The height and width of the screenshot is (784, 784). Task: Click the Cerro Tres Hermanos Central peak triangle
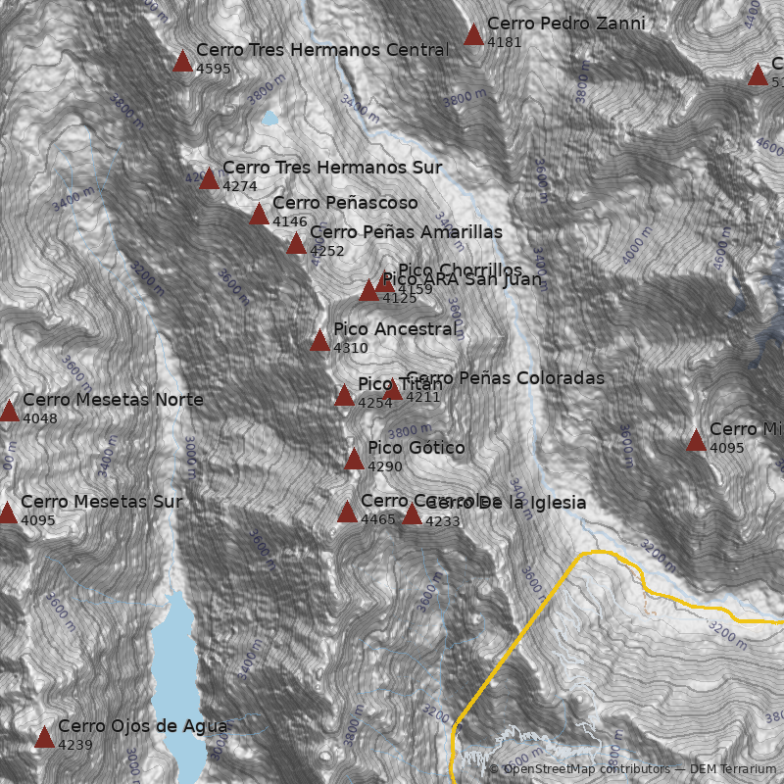(182, 62)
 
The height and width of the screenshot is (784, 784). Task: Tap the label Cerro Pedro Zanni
(565, 24)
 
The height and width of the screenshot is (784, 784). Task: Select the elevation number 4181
(505, 42)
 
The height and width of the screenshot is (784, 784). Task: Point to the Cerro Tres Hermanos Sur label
(331, 168)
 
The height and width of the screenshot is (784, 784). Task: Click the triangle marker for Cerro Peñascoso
(259, 215)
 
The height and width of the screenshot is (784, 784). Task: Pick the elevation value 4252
(327, 251)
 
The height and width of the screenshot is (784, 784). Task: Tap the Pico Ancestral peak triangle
(319, 341)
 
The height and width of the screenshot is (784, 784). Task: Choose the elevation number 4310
(351, 348)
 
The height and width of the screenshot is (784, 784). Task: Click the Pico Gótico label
(416, 448)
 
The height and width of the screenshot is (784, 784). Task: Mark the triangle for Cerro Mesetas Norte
(9, 412)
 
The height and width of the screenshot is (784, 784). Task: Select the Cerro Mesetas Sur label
(101, 502)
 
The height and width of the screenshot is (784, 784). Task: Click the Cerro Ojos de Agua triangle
(44, 738)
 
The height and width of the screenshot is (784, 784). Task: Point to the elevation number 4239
(75, 745)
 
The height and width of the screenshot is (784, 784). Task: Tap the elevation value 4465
(378, 519)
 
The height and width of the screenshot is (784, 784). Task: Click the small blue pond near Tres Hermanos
(269, 119)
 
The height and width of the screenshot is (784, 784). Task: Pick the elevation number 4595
(214, 69)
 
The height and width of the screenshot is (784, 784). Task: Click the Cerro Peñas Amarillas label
(406, 232)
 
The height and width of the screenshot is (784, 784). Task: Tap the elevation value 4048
(40, 418)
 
